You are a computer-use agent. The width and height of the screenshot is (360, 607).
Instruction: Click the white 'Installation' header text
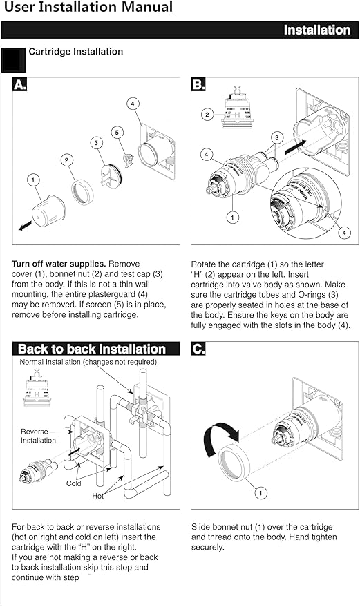[317, 30]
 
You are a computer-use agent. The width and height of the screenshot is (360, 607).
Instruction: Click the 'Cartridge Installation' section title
[75, 52]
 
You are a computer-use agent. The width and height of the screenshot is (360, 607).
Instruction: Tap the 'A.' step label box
[21, 85]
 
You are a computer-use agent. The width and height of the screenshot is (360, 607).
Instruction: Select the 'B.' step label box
[199, 85]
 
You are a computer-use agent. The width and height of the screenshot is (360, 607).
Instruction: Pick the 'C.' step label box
[199, 349]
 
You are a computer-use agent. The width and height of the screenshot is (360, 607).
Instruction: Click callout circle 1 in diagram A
[32, 180]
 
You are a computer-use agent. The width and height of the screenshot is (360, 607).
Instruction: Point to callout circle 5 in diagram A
[117, 131]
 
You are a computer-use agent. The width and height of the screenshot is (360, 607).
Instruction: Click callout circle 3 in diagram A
[96, 142]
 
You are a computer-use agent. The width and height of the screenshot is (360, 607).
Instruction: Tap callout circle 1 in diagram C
[261, 493]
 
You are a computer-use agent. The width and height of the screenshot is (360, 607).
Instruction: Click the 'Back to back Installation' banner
[92, 349]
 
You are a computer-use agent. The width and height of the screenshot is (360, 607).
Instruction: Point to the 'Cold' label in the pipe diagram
[74, 483]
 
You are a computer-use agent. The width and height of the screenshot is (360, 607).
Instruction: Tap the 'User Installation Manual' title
[87, 8]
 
